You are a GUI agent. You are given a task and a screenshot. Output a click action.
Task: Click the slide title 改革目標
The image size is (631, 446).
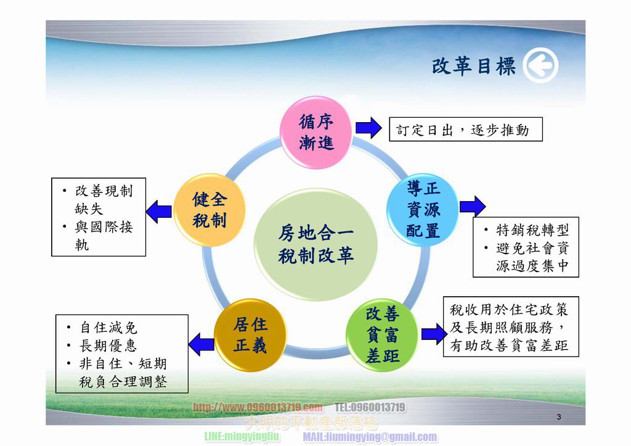473,67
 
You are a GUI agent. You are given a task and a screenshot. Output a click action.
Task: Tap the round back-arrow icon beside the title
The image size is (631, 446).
540,66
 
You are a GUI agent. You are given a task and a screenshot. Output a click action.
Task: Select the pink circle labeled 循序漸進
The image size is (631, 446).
316,132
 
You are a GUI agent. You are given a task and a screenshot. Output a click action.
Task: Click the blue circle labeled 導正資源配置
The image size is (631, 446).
423,210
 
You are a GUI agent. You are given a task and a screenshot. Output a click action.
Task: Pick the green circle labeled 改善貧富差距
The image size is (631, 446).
382,334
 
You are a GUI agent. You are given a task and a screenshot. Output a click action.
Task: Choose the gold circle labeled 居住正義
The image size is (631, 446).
250,335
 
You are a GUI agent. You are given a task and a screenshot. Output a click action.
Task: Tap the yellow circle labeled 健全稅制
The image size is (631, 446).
210,210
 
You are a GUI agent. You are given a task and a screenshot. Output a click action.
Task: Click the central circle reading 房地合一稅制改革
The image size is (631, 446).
315,244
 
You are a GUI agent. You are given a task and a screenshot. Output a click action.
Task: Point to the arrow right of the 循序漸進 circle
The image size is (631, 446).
368,128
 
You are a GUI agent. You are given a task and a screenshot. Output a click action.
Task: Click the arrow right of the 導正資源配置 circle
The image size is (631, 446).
472,205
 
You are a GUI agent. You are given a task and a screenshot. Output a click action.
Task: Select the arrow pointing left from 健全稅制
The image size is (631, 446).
159,212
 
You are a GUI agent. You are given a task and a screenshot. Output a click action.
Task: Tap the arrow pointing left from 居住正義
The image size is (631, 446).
201,343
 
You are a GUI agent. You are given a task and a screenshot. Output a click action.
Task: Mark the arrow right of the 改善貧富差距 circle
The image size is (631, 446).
434,334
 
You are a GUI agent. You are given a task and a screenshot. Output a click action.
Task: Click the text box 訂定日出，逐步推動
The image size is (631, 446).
465,130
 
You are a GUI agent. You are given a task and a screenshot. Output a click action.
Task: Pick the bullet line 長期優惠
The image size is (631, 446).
108,345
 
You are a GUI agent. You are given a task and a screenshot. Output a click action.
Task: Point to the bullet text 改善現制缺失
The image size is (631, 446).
102,200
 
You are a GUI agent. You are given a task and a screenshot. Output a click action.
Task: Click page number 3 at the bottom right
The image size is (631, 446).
558,418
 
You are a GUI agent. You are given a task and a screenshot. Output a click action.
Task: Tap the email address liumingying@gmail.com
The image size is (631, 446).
370,437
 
